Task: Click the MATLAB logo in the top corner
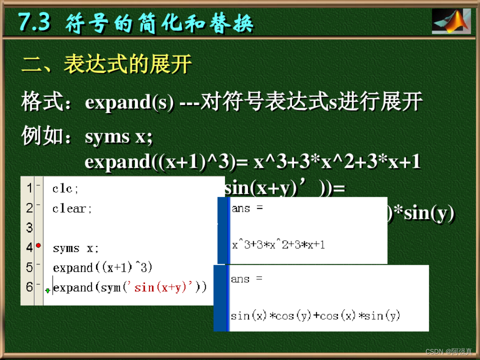tap(450, 21)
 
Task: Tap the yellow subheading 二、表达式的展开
tap(106, 65)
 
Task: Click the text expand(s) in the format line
tap(129, 102)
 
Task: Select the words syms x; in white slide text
tap(119, 136)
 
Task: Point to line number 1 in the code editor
tap(29, 188)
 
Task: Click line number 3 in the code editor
tap(29, 228)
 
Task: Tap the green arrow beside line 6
tap(47, 291)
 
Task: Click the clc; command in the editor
tap(66, 188)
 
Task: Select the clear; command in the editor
tap(72, 209)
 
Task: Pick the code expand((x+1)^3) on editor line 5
tap(103, 268)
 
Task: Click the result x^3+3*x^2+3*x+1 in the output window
tap(278, 245)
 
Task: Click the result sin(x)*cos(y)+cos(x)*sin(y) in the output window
tap(315, 316)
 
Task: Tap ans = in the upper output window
tap(247, 208)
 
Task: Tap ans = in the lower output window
tap(247, 279)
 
